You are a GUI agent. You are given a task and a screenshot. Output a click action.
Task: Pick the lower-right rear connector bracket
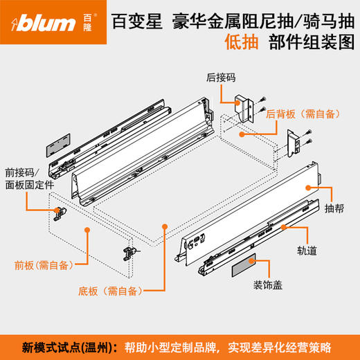(295, 143)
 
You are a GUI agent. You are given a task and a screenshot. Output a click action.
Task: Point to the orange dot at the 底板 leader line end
(164, 226)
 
